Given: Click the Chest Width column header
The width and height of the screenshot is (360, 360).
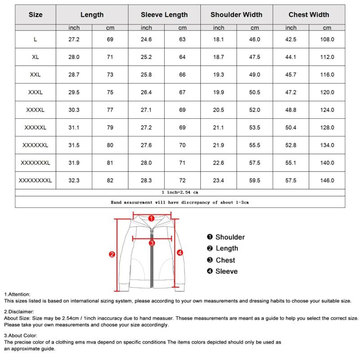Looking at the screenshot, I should (309, 14).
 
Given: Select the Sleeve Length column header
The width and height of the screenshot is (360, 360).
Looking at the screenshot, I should (164, 14).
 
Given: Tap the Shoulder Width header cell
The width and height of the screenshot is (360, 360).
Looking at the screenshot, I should (236, 14).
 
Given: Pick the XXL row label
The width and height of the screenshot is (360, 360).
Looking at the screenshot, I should (36, 75).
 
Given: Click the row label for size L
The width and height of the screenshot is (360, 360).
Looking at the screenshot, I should (36, 40).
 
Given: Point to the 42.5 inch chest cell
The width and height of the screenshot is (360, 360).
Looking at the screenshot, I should (291, 40).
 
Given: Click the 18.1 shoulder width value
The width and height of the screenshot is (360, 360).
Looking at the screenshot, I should (218, 40).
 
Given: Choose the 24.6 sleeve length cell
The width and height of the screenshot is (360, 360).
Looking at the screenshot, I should (146, 40).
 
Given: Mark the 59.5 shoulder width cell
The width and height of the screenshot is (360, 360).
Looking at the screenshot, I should (254, 180).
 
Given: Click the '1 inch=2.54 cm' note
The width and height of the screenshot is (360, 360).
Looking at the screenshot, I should (180, 192).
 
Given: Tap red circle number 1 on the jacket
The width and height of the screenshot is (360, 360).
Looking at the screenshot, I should (152, 218).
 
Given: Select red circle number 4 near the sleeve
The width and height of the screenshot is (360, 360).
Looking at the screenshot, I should (180, 253).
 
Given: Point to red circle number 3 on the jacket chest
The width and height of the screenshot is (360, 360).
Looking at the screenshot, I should (152, 243).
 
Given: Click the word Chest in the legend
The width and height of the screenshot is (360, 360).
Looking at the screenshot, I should (225, 260).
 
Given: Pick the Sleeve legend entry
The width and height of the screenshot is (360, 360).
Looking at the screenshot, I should (226, 271).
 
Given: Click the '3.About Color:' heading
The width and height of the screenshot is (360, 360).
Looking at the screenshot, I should (21, 335).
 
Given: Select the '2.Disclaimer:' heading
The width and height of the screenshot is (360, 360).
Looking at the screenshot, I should (19, 311).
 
